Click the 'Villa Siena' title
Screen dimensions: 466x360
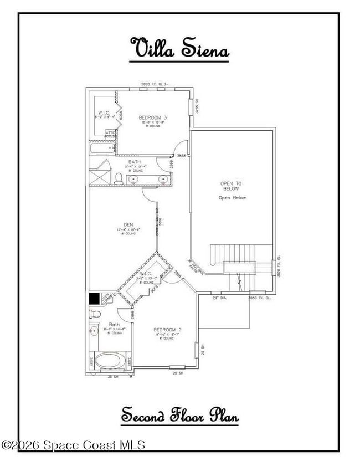179,48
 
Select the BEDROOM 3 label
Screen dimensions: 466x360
153,117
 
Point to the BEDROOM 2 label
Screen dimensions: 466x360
167,330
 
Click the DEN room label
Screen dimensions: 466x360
128,224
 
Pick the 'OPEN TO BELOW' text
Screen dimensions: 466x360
232,186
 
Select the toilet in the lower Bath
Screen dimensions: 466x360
95,315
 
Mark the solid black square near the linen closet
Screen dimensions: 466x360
94,298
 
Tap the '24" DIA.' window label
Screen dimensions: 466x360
220,298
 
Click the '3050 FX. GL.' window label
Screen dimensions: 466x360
259,298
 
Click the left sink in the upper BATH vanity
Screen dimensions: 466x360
133,180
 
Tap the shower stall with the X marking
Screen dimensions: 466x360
101,172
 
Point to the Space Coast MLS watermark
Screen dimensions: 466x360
73,444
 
